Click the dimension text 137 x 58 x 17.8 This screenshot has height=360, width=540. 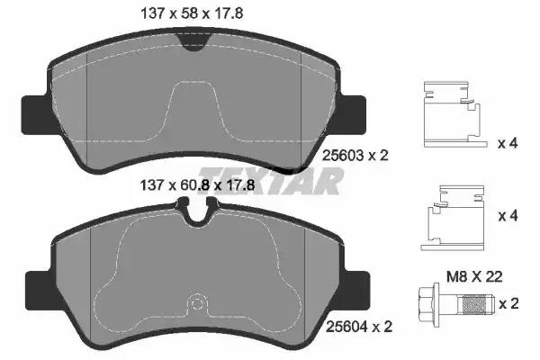[x=193, y=13]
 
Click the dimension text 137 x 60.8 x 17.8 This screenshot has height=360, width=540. [x=197, y=185]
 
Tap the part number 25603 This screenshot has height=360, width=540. [x=343, y=156]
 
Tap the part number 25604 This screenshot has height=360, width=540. [x=346, y=327]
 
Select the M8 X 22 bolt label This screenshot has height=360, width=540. [x=474, y=276]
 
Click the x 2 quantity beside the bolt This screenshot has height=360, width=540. [x=508, y=304]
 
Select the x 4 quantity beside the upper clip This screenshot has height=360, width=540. [x=508, y=143]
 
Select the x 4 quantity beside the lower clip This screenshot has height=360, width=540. [x=508, y=216]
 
